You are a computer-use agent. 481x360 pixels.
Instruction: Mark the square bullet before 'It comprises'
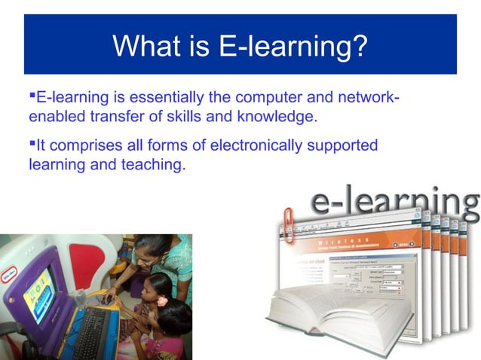pyautogui.click(x=32, y=143)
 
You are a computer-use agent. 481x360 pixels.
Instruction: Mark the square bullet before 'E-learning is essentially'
pyautogui.click(x=32, y=96)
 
